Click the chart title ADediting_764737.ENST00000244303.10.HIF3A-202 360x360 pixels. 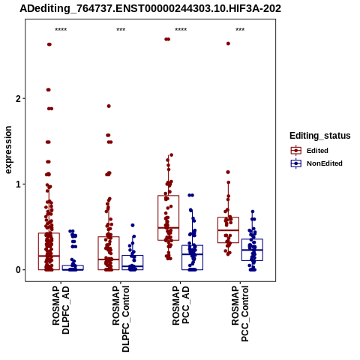(151, 8)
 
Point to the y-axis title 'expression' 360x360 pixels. (8, 150)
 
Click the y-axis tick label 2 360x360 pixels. (18, 99)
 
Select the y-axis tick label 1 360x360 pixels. (18, 184)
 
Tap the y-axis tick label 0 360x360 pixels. (18, 270)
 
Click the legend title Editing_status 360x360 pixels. (320, 136)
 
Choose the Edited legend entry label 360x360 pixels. (317, 151)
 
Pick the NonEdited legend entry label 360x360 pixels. (325, 163)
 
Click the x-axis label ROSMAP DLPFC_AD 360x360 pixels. (61, 310)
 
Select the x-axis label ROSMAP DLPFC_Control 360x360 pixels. (121, 319)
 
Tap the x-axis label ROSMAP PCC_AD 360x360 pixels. (181, 305)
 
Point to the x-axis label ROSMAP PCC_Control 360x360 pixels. (240, 313)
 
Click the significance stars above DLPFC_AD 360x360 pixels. (61, 30)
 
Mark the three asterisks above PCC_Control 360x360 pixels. (240, 30)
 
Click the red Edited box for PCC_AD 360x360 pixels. (169, 218)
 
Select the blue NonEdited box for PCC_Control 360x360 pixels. (252, 250)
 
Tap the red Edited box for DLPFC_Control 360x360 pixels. (109, 253)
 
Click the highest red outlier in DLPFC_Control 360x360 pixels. (109, 106)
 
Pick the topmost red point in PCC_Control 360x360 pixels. (228, 43)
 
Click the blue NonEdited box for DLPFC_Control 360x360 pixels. (133, 262)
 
